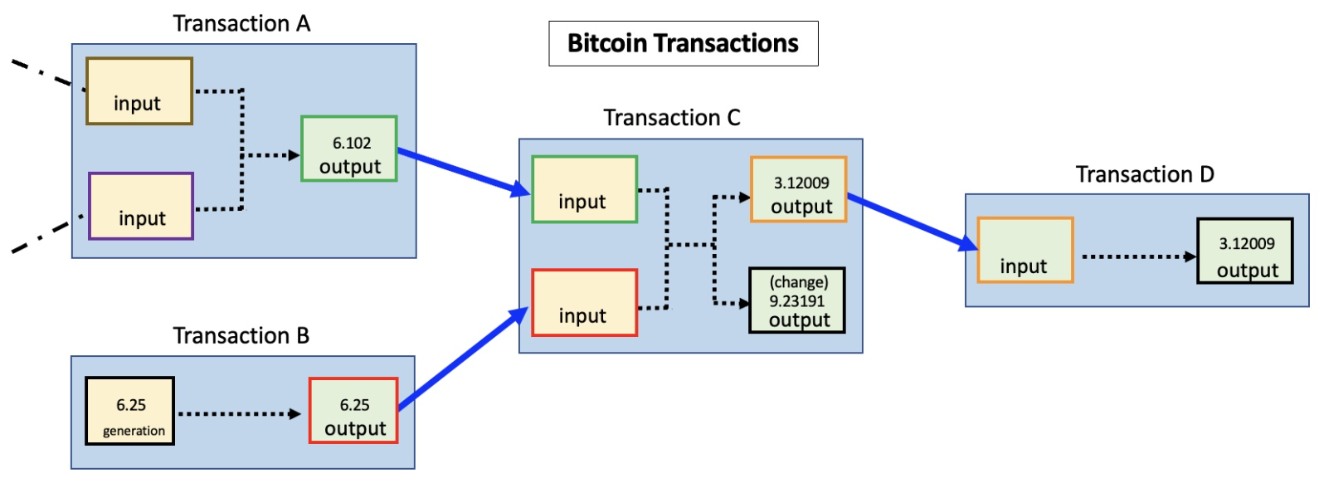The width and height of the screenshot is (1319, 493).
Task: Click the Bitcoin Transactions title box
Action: point(683,44)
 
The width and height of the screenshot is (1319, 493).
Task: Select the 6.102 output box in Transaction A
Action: point(349,149)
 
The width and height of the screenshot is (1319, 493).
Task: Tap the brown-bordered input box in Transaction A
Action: point(139,91)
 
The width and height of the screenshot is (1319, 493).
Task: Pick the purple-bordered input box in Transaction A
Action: point(141,207)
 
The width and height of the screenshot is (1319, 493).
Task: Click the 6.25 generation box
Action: point(130,411)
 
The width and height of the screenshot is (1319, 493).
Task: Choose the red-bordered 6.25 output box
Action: point(353,411)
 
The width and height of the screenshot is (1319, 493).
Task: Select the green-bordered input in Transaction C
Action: point(584,189)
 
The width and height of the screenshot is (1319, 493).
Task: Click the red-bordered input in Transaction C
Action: point(584,303)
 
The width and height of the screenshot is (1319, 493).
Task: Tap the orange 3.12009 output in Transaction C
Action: point(798,189)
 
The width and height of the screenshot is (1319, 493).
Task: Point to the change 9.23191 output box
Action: point(796,300)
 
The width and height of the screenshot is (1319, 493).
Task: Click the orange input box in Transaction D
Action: point(1025,250)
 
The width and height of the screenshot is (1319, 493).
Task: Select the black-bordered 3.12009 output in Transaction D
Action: point(1244,251)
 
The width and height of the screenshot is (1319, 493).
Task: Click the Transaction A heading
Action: point(241,24)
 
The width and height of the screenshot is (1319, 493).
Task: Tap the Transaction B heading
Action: point(241,336)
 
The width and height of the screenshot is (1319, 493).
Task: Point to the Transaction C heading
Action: point(671,118)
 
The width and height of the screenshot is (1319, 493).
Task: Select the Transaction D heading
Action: point(1144,174)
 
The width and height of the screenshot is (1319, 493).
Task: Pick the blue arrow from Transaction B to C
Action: point(463,359)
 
